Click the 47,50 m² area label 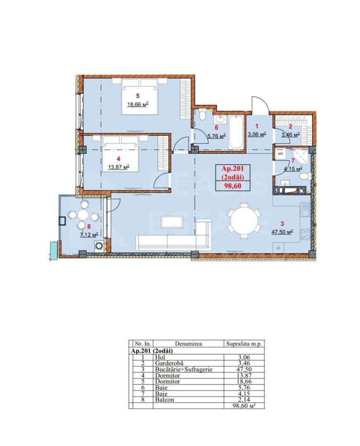282,232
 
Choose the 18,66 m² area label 137,104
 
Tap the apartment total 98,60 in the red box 233,186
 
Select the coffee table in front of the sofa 173,222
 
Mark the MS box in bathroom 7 280,154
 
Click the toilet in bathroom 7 304,176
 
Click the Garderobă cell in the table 169,363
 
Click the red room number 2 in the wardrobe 291,127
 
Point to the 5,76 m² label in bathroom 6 216,136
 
